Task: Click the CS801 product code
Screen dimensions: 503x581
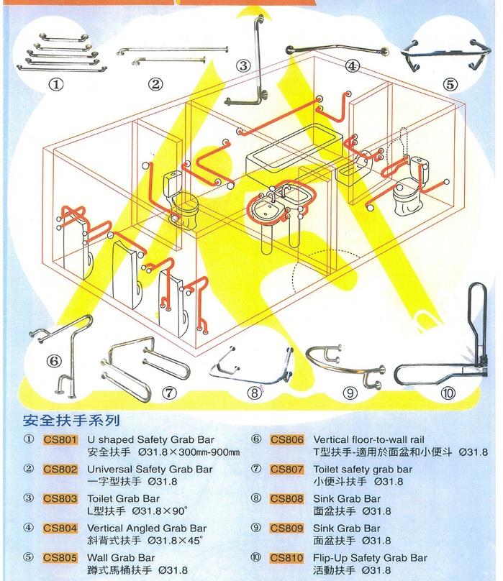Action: (60, 440)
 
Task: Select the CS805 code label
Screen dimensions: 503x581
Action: (60, 558)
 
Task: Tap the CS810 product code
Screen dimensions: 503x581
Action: (286, 558)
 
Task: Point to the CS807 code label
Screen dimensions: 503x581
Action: (286, 470)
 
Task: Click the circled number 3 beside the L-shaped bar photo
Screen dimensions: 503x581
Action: (243, 66)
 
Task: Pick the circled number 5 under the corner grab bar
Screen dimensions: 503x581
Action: (450, 84)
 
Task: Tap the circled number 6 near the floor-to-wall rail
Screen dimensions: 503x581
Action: (54, 361)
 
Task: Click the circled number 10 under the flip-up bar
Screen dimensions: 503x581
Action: (448, 393)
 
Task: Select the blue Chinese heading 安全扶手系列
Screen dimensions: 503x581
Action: (71, 421)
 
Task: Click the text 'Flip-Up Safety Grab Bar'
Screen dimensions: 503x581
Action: (370, 558)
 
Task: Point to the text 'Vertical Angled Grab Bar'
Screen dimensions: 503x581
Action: (147, 528)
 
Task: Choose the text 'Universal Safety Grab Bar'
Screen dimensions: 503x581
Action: (150, 469)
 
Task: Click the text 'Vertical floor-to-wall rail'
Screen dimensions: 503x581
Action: (368, 440)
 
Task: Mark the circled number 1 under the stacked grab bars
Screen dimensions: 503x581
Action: (56, 84)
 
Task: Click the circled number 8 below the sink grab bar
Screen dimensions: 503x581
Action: (255, 393)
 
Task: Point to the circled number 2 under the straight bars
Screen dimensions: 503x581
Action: (155, 84)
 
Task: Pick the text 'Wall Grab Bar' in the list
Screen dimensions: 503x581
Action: (121, 558)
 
